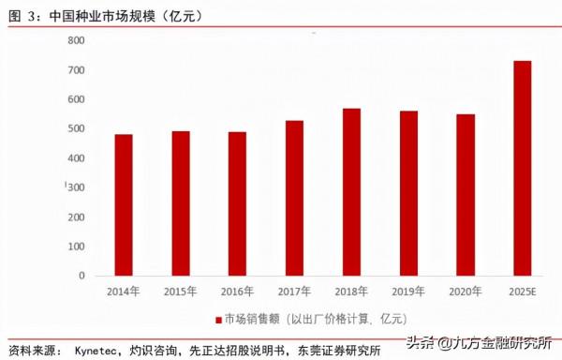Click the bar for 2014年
click(x=124, y=205)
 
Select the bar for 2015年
click(x=180, y=203)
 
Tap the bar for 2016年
click(x=237, y=204)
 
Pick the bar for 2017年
click(x=294, y=199)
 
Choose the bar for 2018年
click(x=350, y=192)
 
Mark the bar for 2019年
click(x=407, y=194)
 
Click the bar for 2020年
click(x=465, y=195)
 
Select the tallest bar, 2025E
click(x=521, y=169)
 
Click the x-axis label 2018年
click(x=350, y=292)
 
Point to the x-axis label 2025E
click(x=521, y=292)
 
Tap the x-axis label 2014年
click(x=124, y=292)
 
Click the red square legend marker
click(x=215, y=317)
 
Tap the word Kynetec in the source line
click(x=96, y=350)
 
